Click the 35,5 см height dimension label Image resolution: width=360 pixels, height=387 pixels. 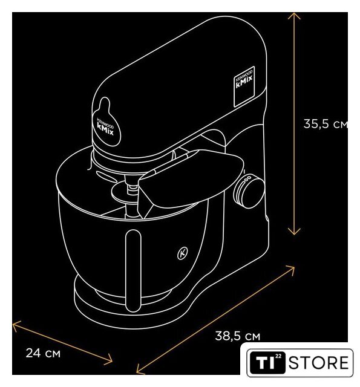point(326,123)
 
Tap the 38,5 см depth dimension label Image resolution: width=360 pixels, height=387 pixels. point(238,336)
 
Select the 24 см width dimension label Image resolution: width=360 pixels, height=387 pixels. point(43,353)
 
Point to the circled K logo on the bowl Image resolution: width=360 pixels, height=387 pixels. point(183,253)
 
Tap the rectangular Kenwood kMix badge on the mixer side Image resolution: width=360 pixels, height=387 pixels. point(244,86)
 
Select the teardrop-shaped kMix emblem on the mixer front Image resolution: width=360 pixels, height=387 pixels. point(106,122)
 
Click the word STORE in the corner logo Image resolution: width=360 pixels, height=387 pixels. point(318,363)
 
